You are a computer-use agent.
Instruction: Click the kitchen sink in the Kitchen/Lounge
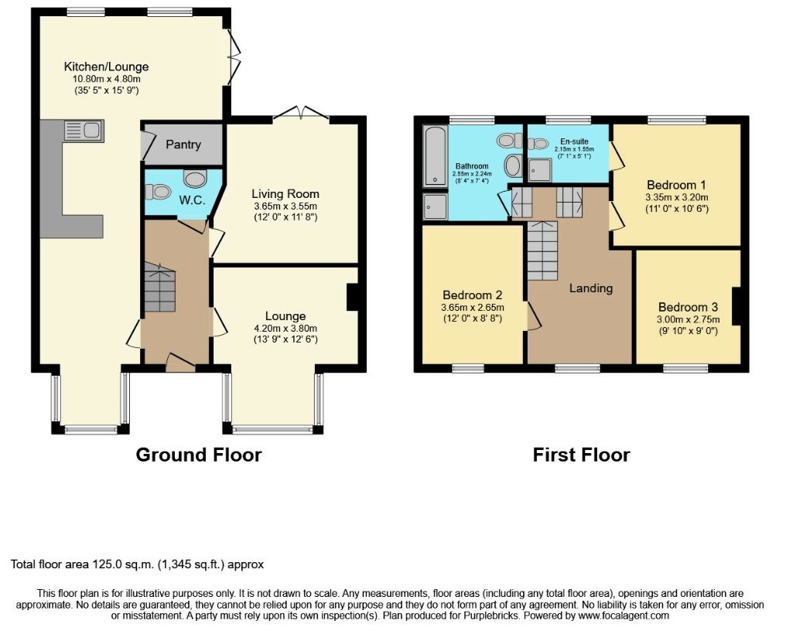point(84,131)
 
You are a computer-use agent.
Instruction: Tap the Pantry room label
point(183,145)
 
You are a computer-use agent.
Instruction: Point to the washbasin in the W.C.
point(194,178)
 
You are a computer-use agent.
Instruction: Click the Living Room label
point(285,194)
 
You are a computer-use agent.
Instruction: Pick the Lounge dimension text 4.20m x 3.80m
point(285,329)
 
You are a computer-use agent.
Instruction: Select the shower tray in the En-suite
point(539,170)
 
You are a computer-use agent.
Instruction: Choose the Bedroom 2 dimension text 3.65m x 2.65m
point(472,308)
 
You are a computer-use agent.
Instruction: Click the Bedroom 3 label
point(688,307)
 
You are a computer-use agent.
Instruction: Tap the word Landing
point(590,288)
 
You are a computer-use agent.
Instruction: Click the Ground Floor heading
point(199,455)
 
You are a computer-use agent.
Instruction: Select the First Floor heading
point(581,455)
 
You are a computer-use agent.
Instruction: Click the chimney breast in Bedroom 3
point(736,306)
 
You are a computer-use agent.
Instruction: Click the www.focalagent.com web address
point(623,615)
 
